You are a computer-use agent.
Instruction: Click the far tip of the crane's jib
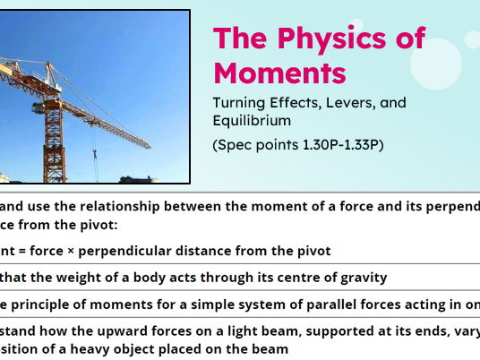tap(150, 146)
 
